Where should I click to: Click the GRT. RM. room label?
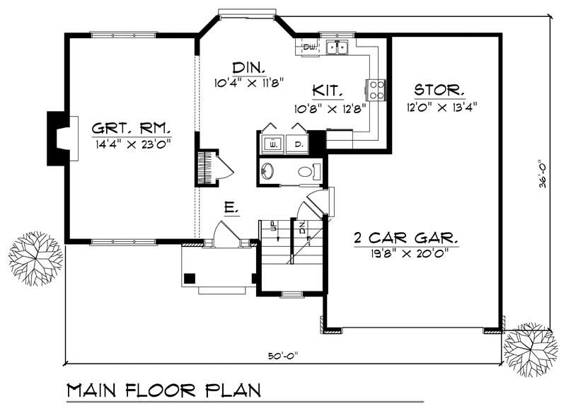point(132,128)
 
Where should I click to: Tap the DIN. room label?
point(248,68)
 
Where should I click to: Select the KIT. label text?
point(328,91)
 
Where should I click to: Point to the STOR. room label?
point(439,91)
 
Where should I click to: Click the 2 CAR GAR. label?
point(406,237)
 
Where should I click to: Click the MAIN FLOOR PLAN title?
point(163,390)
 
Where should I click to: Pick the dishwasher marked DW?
point(309,47)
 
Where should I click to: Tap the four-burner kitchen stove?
point(376,88)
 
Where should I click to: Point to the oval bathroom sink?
point(267,171)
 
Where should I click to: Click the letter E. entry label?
point(230,209)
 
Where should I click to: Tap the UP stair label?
point(272,228)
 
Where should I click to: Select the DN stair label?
point(301,228)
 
